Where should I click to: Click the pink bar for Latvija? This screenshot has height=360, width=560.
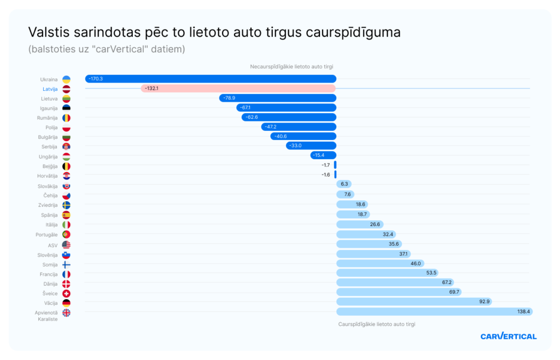[x=238, y=88]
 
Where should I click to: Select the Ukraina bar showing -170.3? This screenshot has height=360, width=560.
[x=211, y=79]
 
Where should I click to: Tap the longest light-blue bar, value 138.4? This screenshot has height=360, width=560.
[x=434, y=311]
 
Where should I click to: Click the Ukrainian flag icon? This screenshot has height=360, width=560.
[x=66, y=79]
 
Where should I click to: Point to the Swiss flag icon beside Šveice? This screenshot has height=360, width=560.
[x=66, y=293]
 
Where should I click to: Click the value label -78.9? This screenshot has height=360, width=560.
[x=229, y=98]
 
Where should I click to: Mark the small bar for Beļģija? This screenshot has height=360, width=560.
[x=335, y=165]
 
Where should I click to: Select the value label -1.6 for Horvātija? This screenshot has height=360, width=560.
[x=326, y=175]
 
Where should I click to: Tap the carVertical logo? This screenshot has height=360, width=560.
[x=508, y=336]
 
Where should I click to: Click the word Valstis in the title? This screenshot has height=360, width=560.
[x=48, y=32]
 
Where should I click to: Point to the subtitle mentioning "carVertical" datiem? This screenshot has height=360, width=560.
[x=107, y=49]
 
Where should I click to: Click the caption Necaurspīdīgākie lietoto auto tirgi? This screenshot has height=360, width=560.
[x=291, y=66]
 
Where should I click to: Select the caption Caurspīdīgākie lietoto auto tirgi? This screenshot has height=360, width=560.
[x=377, y=324]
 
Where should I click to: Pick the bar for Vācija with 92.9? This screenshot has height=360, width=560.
[x=413, y=301]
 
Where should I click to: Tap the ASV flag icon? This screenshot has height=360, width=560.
[x=66, y=245]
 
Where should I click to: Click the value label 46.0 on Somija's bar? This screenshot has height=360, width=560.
[x=416, y=263]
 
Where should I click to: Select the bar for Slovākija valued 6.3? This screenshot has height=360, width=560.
[x=343, y=185]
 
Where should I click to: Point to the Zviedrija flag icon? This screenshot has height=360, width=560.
[x=66, y=205]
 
